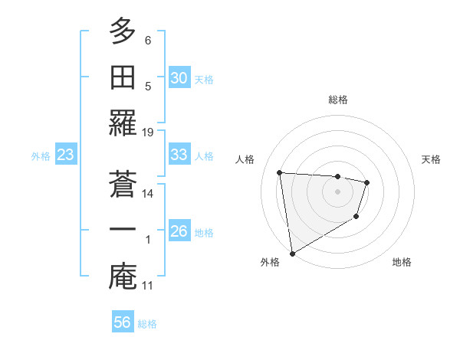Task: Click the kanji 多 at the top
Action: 123,32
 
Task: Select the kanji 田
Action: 123,77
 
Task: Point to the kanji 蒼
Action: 123,184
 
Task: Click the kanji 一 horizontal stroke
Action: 123,230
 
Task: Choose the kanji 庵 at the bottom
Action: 123,275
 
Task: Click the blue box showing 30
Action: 179,78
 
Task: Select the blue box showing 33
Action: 179,155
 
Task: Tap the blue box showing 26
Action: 179,231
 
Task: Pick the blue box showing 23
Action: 66,155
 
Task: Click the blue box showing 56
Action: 123,322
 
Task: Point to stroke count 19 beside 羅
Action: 148,132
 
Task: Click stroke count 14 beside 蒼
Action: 148,194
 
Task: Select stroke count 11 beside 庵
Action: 148,286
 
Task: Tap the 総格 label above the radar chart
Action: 337,100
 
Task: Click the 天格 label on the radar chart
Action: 432,159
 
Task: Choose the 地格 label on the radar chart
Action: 402,262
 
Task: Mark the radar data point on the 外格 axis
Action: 292,253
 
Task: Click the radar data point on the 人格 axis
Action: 280,172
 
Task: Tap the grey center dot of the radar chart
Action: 337,191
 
